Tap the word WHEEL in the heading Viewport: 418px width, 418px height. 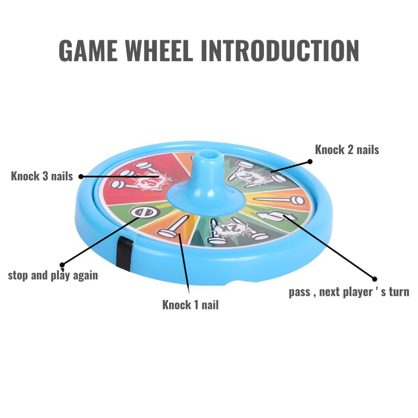[166, 51]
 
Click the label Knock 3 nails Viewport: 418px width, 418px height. [42, 176]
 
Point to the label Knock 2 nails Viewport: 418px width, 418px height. [347, 149]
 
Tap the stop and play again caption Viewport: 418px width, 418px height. [53, 275]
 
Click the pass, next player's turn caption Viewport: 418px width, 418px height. [349, 292]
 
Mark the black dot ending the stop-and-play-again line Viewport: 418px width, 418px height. [63, 264]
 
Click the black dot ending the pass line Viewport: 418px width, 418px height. [374, 278]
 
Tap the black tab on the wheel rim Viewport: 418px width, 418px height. [123, 252]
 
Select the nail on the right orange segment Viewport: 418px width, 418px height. [282, 199]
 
